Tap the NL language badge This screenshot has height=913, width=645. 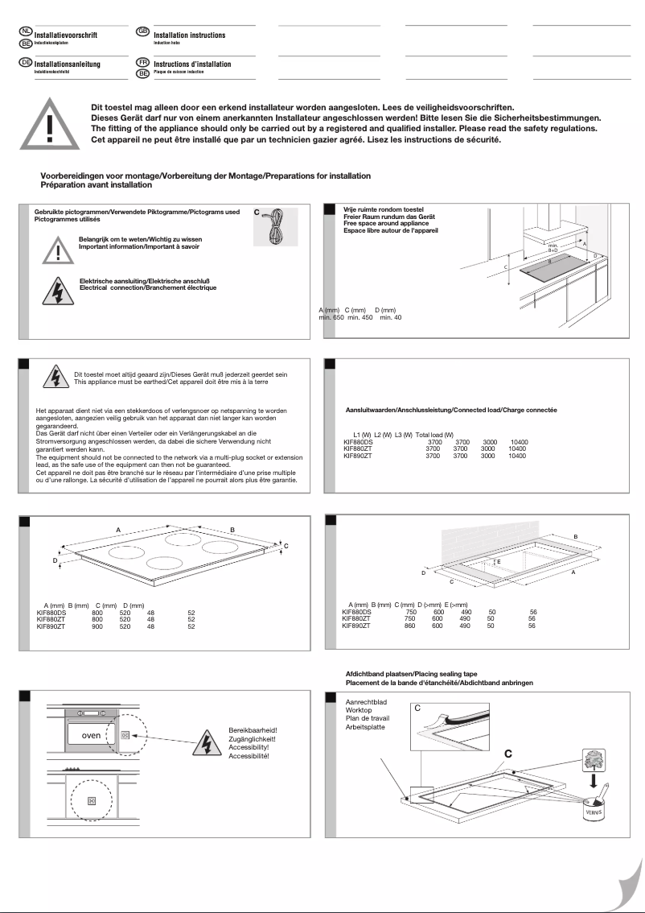(26, 31)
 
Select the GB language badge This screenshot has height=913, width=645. (143, 31)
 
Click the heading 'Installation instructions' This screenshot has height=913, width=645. (190, 35)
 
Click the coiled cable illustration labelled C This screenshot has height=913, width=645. (275, 226)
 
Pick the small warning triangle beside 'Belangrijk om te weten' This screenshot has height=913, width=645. (58, 250)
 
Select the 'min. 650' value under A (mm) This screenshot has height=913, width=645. (331, 318)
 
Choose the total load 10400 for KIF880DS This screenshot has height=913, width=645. (519, 443)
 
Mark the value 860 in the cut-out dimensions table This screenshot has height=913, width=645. (409, 626)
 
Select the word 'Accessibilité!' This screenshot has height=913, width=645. (249, 757)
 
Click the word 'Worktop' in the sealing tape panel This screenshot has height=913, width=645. (359, 710)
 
